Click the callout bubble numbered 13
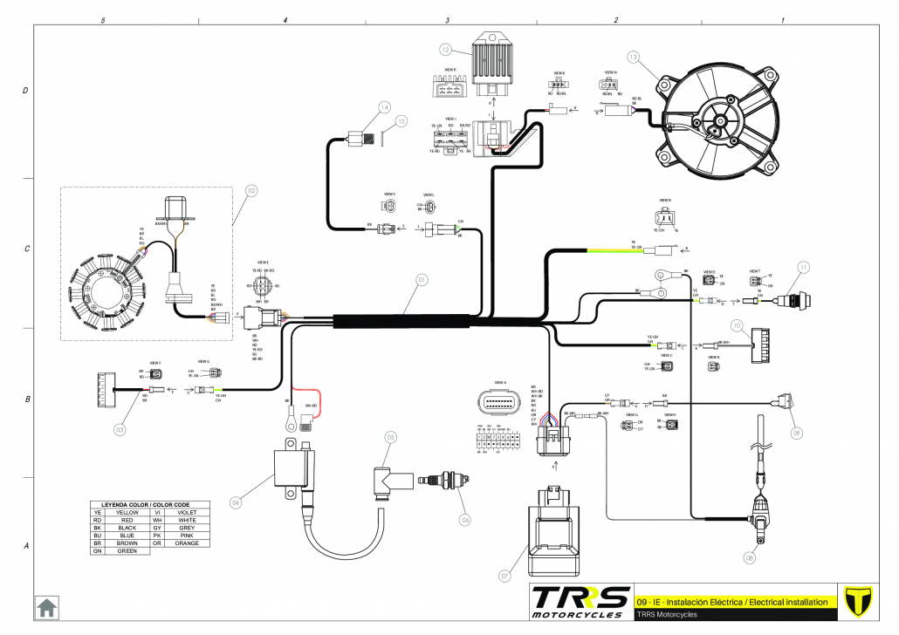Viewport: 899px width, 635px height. (x=645, y=58)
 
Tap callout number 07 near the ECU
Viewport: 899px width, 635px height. (x=504, y=576)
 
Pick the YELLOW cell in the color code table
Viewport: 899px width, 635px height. (x=127, y=513)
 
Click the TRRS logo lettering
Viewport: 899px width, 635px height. (x=580, y=600)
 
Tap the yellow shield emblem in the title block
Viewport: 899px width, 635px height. (x=860, y=601)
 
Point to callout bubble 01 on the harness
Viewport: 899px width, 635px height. (x=421, y=280)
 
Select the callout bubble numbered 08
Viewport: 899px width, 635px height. (x=749, y=556)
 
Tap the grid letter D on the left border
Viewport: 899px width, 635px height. (x=25, y=91)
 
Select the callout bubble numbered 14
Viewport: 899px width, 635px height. (x=383, y=107)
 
